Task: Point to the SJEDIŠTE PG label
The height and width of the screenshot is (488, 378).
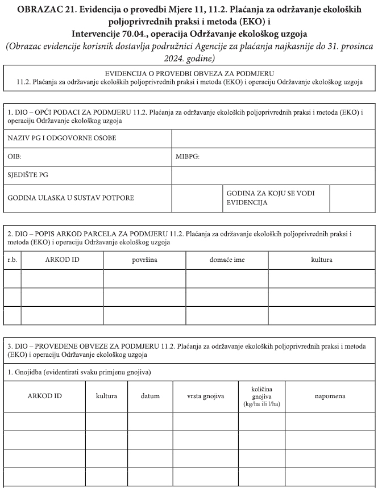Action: click(28, 176)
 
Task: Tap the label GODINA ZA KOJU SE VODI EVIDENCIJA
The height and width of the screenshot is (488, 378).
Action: click(270, 198)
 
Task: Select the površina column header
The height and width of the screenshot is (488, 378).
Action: click(145, 260)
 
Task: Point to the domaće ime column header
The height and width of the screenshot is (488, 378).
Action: click(227, 260)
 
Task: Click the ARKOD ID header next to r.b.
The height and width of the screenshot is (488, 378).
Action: click(62, 260)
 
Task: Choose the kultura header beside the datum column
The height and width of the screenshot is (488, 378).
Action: click(106, 396)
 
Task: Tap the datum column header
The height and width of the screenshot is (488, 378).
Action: click(150, 396)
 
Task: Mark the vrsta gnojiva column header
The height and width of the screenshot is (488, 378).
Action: click(206, 396)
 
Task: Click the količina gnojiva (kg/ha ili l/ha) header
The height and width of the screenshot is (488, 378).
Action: click(261, 396)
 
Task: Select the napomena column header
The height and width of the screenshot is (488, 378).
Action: click(330, 396)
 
